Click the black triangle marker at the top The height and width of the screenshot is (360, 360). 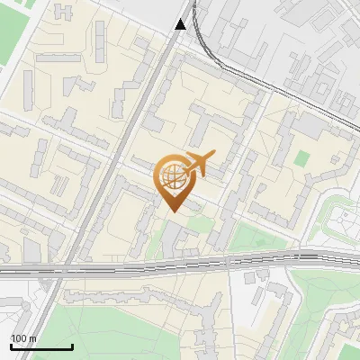pyautogui.click(x=181, y=24)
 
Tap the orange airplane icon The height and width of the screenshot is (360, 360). pyautogui.click(x=197, y=165)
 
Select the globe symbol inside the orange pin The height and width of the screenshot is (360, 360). pyautogui.click(x=171, y=176)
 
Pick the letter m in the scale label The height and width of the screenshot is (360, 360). pyautogui.click(x=33, y=338)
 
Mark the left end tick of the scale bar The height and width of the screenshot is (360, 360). pyautogui.click(x=11, y=346)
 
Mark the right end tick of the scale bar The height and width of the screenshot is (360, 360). pyautogui.click(x=72, y=346)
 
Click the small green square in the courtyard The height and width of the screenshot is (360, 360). pyautogui.click(x=301, y=158)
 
